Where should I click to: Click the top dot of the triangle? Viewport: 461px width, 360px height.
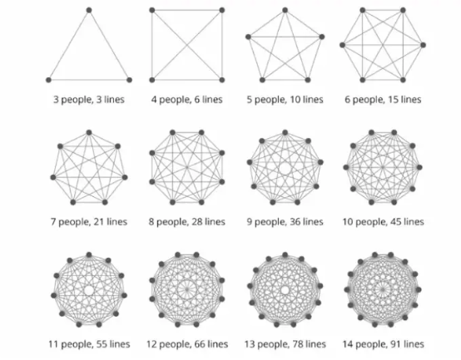(89, 10)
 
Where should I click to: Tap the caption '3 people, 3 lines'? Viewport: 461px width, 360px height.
(89, 100)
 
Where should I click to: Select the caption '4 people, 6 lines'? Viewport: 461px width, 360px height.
(186, 100)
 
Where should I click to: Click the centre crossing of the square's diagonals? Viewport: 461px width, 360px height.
(187, 45)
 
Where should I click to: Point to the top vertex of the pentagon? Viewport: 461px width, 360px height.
(285, 10)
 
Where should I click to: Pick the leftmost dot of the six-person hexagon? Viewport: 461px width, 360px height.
(342, 45)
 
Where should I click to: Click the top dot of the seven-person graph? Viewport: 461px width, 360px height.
(89, 132)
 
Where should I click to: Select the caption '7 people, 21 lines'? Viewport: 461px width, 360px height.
(89, 222)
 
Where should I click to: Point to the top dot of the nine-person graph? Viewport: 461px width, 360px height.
(285, 132)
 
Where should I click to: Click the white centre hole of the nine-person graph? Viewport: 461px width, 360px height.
(285, 169)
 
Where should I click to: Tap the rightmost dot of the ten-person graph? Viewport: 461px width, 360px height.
(419, 167)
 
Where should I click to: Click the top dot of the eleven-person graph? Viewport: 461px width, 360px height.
(89, 254)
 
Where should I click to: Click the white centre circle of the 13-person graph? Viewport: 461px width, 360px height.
(285, 290)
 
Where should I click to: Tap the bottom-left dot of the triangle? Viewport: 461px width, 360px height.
(49, 80)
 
